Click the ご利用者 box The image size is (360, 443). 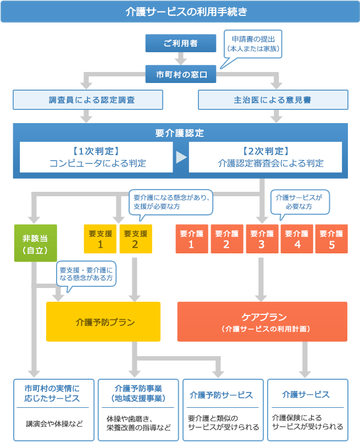click(x=181, y=43)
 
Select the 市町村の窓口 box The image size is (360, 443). click(x=181, y=74)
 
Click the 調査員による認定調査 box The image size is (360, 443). click(x=88, y=100)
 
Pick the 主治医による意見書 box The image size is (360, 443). click(x=273, y=100)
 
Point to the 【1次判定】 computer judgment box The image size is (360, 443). click(x=96, y=157)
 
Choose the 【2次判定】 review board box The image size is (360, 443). click(x=265, y=157)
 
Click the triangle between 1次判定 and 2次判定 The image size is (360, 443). click(x=181, y=157)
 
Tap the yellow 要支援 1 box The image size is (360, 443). click(x=99, y=239)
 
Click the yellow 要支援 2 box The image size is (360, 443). click(x=135, y=239)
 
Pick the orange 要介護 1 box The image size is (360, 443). click(x=191, y=239)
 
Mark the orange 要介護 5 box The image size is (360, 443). click(x=331, y=239)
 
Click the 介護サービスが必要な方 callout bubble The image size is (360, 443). click(x=299, y=201)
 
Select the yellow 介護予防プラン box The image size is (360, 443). click(x=103, y=322)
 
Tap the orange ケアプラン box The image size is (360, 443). click(x=262, y=322)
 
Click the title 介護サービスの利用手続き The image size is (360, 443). click(x=180, y=12)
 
